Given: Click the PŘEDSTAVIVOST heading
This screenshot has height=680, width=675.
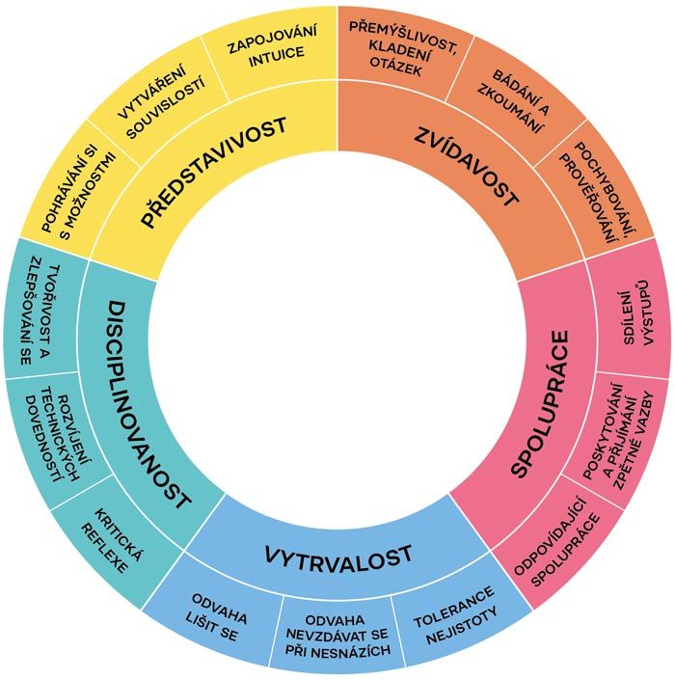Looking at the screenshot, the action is point(213,171).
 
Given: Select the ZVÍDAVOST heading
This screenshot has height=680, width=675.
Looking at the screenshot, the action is point(466,167).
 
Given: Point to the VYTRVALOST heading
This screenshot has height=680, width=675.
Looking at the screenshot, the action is point(338,557).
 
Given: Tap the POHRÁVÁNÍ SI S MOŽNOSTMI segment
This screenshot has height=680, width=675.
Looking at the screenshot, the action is point(79,192).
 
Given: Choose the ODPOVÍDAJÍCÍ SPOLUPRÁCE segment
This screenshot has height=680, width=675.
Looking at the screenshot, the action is point(557,543).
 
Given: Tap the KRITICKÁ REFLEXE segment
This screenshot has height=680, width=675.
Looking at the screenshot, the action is point(112,540).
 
